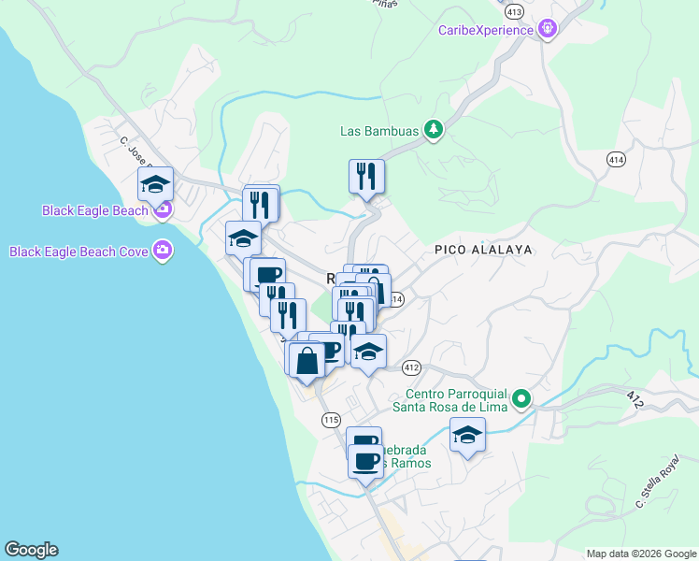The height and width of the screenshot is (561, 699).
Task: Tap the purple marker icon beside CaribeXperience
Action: click(x=549, y=30)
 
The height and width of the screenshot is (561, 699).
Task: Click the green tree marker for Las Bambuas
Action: click(x=433, y=130)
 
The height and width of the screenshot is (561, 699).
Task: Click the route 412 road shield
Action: click(x=412, y=367)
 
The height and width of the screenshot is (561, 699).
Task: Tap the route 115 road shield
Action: click(x=330, y=421)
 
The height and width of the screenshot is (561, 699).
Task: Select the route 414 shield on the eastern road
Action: click(x=615, y=160)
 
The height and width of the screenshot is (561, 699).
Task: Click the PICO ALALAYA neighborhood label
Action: click(x=483, y=250)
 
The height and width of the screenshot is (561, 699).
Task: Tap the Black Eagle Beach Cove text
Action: click(x=79, y=251)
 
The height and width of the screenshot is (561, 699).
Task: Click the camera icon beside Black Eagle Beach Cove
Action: click(x=164, y=250)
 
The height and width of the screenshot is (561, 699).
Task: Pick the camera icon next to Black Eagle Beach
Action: click(x=163, y=210)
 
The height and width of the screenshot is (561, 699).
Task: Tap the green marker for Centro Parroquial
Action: click(x=521, y=399)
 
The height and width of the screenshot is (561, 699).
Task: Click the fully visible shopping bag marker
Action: click(x=307, y=360)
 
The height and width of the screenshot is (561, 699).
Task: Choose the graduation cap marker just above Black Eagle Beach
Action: click(x=156, y=184)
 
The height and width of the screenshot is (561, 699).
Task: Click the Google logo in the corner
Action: click(x=31, y=550)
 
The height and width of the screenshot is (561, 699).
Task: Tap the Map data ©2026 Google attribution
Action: click(x=641, y=554)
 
